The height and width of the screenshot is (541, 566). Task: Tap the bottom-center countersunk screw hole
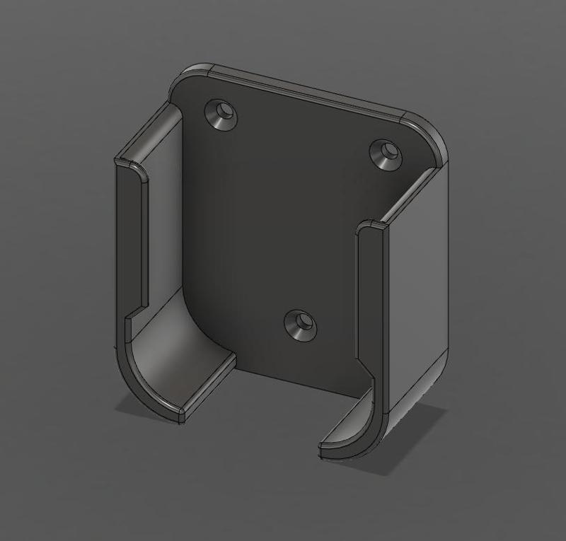click(x=300, y=325)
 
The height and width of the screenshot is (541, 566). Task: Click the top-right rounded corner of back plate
click(x=430, y=134)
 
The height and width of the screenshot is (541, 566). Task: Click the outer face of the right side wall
click(x=417, y=283)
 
